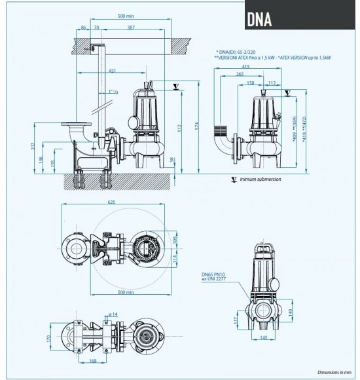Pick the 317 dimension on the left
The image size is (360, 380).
[32, 146]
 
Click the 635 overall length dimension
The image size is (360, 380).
[114, 203]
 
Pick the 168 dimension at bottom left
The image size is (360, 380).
[75, 361]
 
